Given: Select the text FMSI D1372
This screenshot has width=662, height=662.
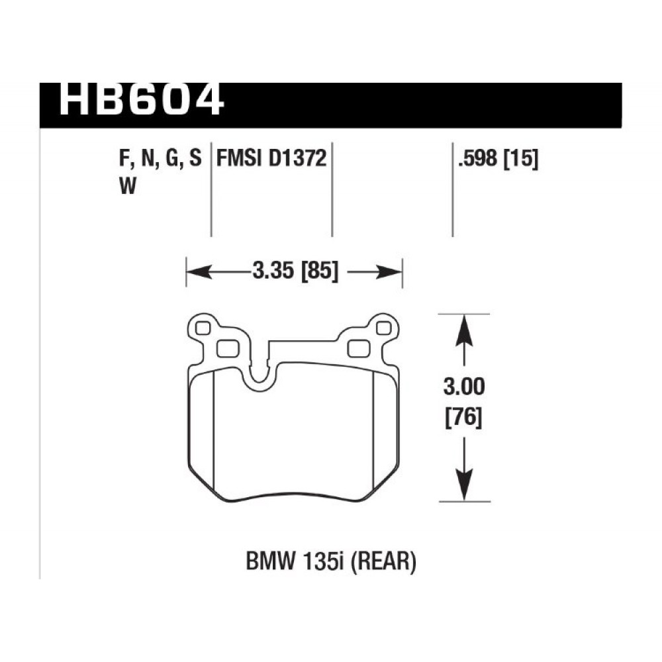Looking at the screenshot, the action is coord(271,159).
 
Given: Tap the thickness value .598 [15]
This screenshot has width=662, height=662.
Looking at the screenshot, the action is coord(498,160).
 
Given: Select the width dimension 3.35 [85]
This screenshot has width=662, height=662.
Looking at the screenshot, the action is coord(295,271).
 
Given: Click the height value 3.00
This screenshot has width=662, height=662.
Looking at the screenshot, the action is coord(464,387).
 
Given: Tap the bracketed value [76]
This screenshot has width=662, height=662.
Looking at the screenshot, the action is coord(464,418).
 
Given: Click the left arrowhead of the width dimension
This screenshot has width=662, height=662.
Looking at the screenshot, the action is coord(199,272).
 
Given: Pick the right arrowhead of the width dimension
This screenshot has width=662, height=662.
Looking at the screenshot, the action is coord(389,272).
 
